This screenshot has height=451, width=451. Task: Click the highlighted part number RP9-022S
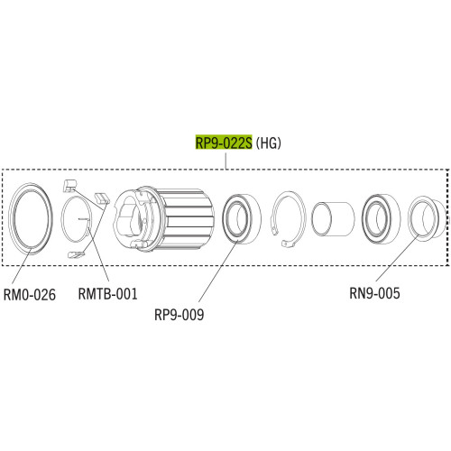[224, 143]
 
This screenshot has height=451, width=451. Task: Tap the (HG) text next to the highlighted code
[268, 143]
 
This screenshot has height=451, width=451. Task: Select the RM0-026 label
[30, 294]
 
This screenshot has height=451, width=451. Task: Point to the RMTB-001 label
[107, 293]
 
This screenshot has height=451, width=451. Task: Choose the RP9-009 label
[179, 315]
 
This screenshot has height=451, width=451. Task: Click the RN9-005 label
[374, 293]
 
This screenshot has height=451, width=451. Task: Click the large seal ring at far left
[12, 219]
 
